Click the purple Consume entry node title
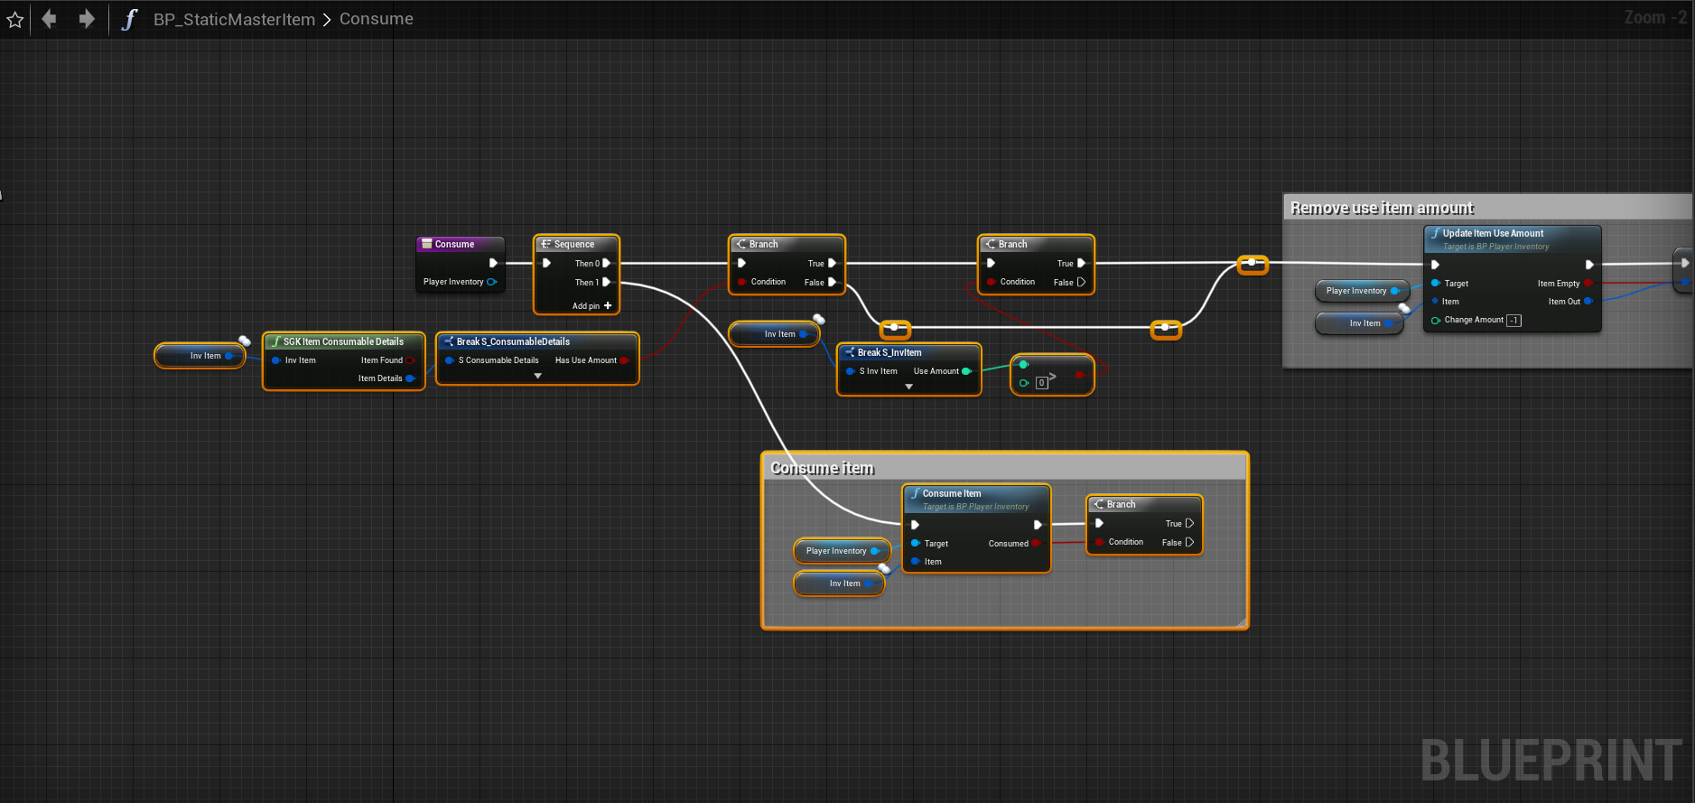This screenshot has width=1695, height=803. pyautogui.click(x=454, y=244)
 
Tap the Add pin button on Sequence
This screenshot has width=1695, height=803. pyautogui.click(x=591, y=306)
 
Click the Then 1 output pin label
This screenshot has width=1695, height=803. pyautogui.click(x=587, y=282)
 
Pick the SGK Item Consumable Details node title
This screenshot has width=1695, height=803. pyautogui.click(x=343, y=341)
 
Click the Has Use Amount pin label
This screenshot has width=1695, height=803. pyautogui.click(x=585, y=360)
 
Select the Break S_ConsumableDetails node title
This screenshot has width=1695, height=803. pyautogui.click(x=513, y=341)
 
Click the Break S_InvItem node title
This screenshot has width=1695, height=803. pyautogui.click(x=889, y=352)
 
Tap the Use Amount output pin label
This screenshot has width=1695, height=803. pyautogui.click(x=936, y=371)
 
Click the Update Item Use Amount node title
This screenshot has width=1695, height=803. pyautogui.click(x=1493, y=233)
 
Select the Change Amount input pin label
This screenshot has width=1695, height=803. pyautogui.click(x=1474, y=320)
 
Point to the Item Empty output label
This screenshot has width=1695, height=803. pyautogui.click(x=1559, y=284)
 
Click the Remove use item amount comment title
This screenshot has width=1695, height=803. pyautogui.click(x=1382, y=208)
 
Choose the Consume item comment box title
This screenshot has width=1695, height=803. pyautogui.click(x=822, y=468)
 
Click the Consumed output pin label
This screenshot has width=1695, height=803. pyautogui.click(x=1008, y=544)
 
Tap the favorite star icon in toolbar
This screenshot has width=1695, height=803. pyautogui.click(x=15, y=19)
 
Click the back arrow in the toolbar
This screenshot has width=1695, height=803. pyautogui.click(x=50, y=19)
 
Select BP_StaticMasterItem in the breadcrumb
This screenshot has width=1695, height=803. pyautogui.click(x=234, y=19)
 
